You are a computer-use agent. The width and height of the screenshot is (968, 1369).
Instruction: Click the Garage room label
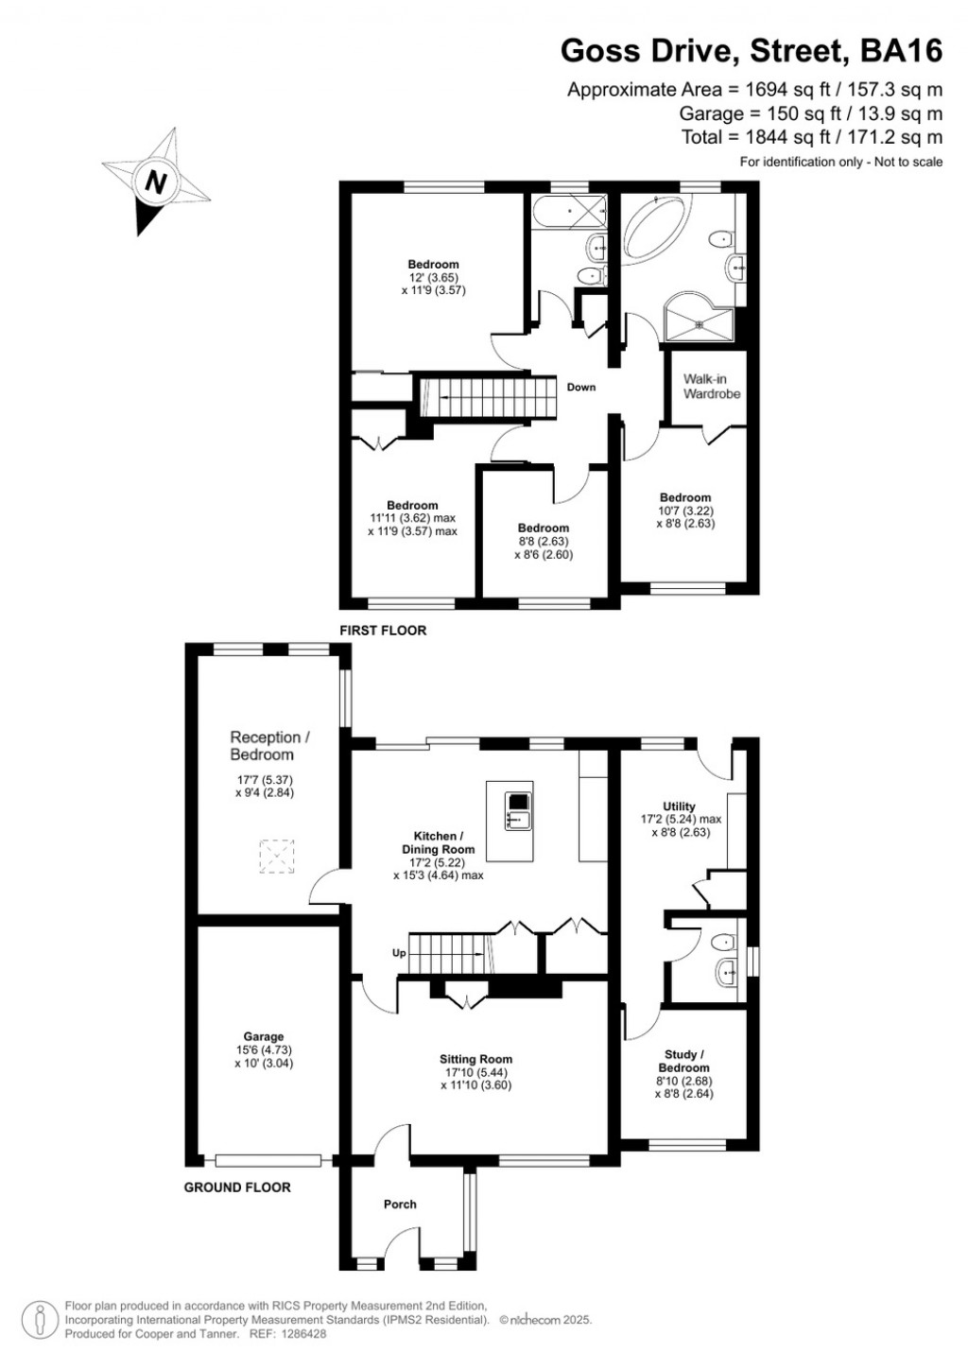coord(263,1037)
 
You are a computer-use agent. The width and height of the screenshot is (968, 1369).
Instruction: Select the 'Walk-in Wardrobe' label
coord(711,387)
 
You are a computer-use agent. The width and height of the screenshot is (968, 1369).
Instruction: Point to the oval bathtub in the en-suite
coord(656,230)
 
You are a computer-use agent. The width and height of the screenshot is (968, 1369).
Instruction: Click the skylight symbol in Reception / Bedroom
coord(276,858)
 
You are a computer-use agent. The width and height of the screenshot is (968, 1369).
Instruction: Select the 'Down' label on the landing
coord(581,388)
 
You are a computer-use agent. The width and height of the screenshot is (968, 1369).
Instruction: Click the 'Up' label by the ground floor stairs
coord(399,953)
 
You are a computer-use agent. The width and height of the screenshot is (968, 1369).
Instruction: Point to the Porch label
coord(400,1204)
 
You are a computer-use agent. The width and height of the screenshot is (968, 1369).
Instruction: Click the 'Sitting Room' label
coord(475,1060)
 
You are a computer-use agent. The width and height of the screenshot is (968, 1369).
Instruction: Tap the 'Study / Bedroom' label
coord(683,1061)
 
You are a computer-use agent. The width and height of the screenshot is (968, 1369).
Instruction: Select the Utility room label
coord(679,806)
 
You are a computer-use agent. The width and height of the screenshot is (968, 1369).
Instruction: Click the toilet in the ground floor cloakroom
coord(724,942)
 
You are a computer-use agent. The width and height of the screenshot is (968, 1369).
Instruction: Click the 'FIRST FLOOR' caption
coord(383,631)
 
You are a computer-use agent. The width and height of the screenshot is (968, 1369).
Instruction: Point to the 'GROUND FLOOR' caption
coord(237,1187)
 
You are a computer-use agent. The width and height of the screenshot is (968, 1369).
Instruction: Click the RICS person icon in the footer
coord(40,1321)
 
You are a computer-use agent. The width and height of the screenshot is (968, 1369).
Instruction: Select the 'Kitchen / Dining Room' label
coord(438,842)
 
